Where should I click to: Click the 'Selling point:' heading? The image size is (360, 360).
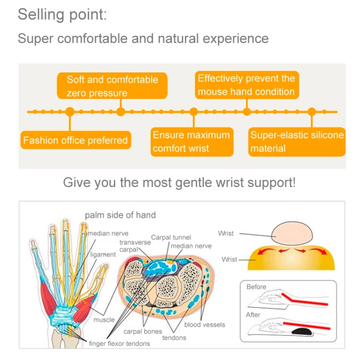pyautogui.click(x=62, y=15)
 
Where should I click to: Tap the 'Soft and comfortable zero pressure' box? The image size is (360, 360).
pyautogui.click(x=112, y=86)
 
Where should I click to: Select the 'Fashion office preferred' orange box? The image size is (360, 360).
pyautogui.click(x=75, y=140)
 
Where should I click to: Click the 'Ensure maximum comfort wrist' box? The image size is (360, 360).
pyautogui.click(x=191, y=142)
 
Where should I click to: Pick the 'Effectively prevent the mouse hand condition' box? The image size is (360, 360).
pyautogui.click(x=246, y=85)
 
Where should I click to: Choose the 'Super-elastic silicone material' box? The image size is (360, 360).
pyautogui.click(x=297, y=142)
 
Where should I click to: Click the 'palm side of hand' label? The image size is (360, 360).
pyautogui.click(x=120, y=215)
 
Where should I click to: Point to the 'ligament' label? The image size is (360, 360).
pyautogui.click(x=103, y=254)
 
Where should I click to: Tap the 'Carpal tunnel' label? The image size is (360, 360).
pyautogui.click(x=171, y=237)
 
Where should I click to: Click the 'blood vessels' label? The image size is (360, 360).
pyautogui.click(x=205, y=324)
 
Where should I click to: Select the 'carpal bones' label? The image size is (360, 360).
pyautogui.click(x=143, y=331)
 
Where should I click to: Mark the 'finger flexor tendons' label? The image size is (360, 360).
pyautogui.click(x=120, y=343)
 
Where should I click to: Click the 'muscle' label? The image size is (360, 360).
pyautogui.click(x=104, y=320)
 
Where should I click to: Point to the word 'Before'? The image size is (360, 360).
pyautogui.click(x=256, y=287)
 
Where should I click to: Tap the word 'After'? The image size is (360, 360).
pyautogui.click(x=253, y=315)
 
